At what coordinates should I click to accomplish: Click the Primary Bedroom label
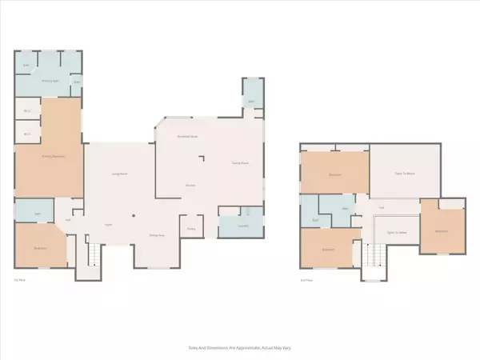coord(53,156)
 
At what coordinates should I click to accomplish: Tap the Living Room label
coord(121,174)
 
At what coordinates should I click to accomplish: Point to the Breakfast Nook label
coord(188,138)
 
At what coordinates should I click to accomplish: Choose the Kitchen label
coord(191,186)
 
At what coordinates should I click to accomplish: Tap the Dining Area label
coord(158,234)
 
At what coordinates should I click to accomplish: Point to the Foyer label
coord(107,225)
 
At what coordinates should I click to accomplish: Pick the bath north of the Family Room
coord(251,102)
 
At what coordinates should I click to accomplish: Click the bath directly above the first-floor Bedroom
coord(38,214)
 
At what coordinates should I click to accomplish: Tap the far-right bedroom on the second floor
coord(442,230)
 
